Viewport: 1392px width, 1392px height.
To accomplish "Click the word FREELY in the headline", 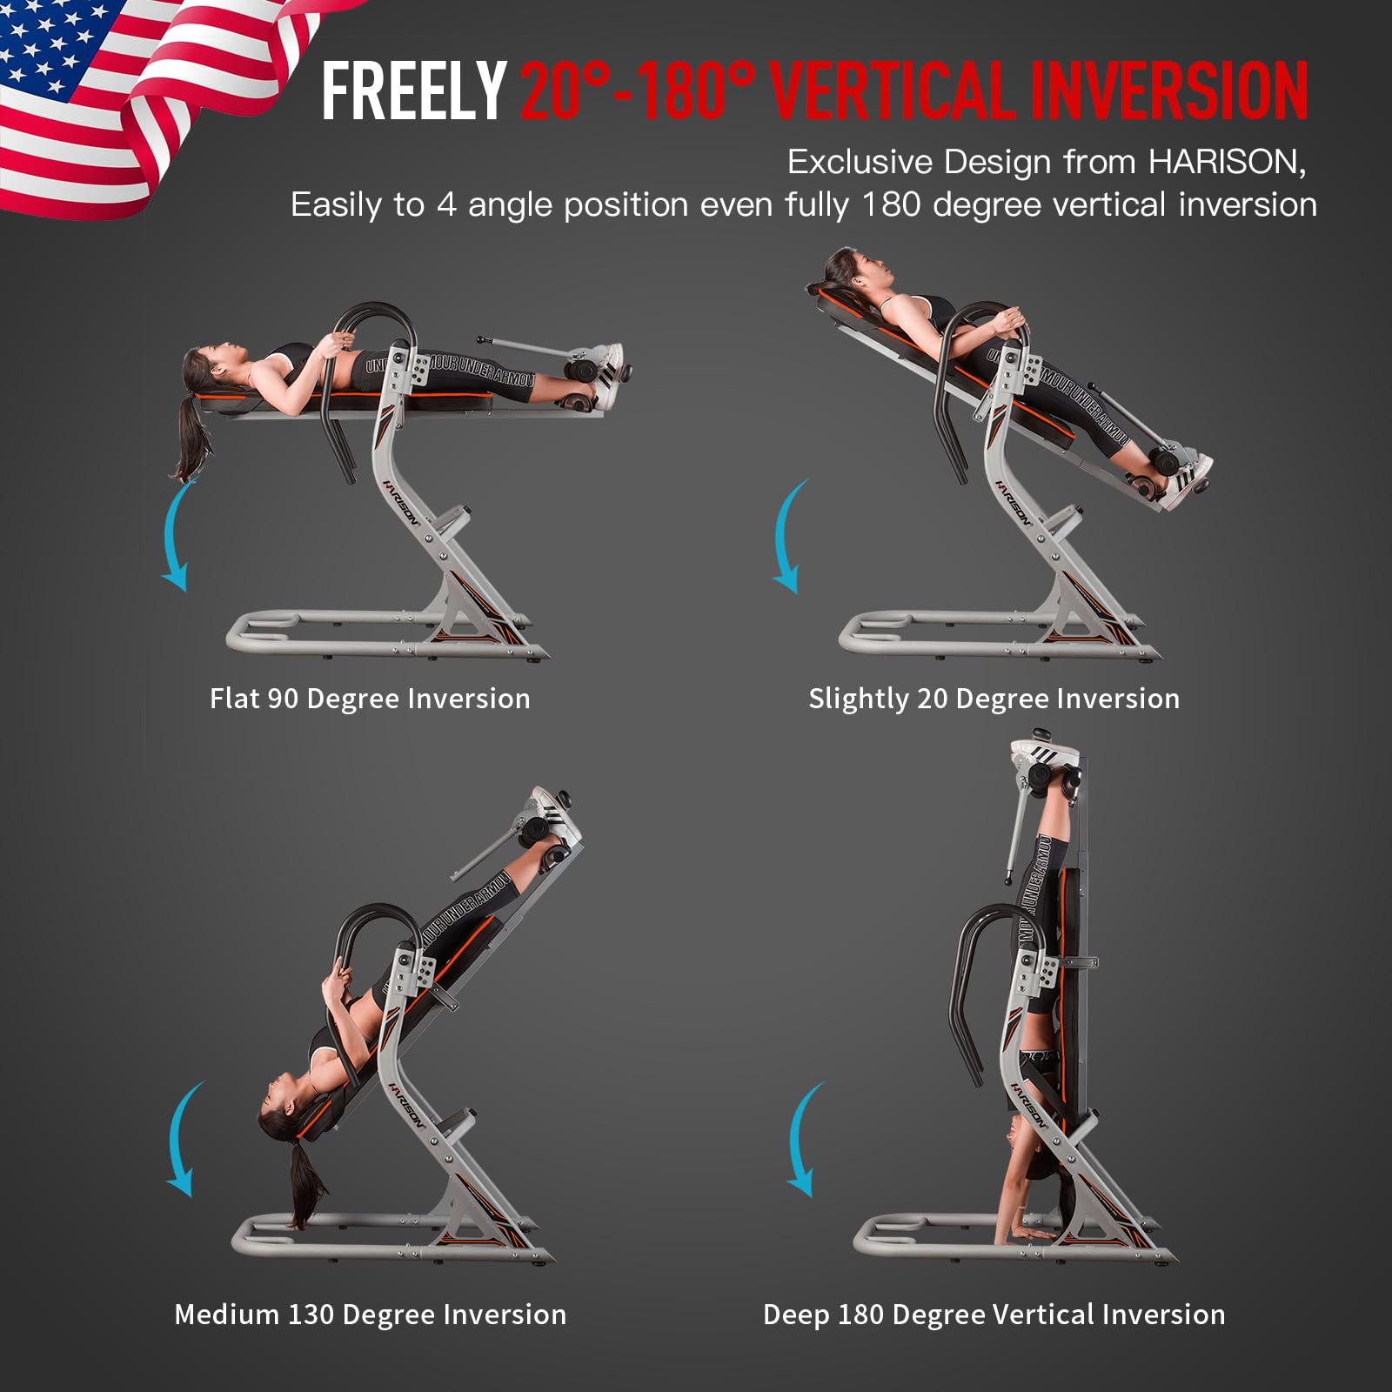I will pos(413,90).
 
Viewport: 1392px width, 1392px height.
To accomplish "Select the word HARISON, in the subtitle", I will pos(1227,162).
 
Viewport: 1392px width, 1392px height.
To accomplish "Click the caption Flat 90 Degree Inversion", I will pos(370,699).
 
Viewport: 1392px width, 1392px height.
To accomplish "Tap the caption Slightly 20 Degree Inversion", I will pos(994,699).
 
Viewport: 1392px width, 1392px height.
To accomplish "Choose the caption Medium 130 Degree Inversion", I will pos(370,1314).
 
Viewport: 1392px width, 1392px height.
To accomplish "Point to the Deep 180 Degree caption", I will pos(994,1314).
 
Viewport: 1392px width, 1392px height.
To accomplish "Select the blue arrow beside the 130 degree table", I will pos(183,1140).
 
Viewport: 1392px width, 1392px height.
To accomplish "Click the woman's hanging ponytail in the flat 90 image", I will pos(193,435).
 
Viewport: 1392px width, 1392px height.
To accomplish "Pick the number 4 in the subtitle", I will pos(446,205).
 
